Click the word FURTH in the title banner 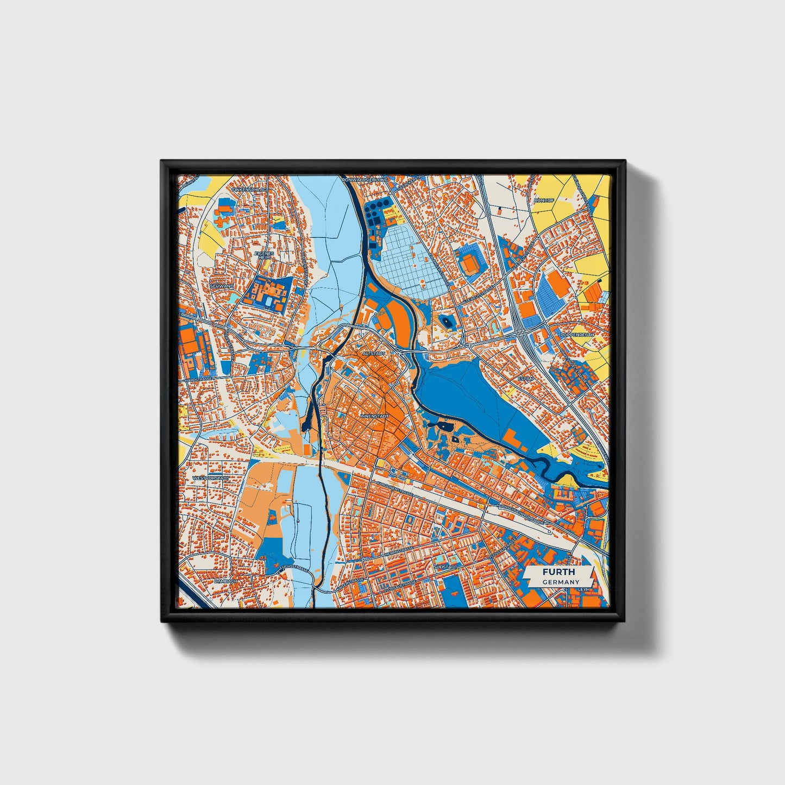(x=557, y=572)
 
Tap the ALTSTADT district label (x=373, y=353)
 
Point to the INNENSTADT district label (x=374, y=416)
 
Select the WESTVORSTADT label (x=211, y=479)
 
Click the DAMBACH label (x=227, y=581)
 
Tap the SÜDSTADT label (x=445, y=566)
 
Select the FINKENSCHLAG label (x=249, y=190)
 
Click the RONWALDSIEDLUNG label (x=365, y=179)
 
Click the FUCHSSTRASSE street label (x=293, y=568)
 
